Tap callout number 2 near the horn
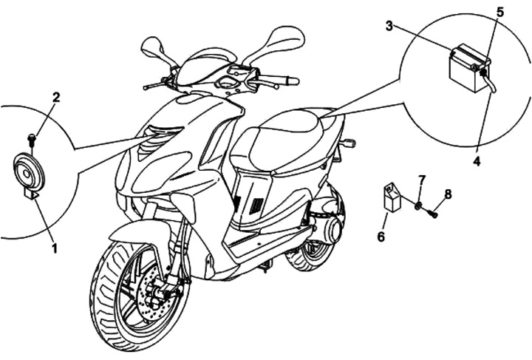pyautogui.click(x=56, y=97)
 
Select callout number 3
pyautogui.click(x=389, y=26)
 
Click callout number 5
pyautogui.click(x=500, y=12)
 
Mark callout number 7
pyautogui.click(x=422, y=180)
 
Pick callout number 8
pyautogui.click(x=448, y=194)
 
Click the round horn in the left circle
pyautogui.click(x=30, y=171)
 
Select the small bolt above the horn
pyautogui.click(x=32, y=138)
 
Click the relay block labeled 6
pyautogui.click(x=392, y=197)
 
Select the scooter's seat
pyautogui.click(x=288, y=137)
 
